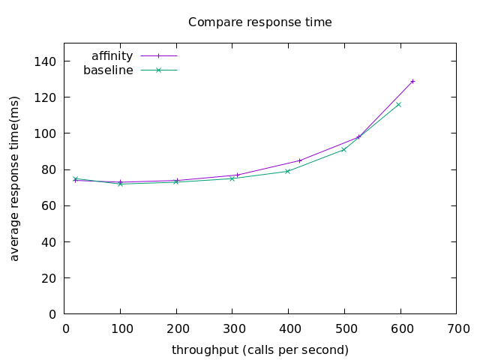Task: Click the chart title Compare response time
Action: [259, 22]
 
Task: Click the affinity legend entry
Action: [112, 56]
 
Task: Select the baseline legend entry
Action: [108, 70]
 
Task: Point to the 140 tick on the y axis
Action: [48, 61]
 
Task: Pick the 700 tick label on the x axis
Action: [457, 328]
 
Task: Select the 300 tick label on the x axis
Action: [233, 328]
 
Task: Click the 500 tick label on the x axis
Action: [345, 328]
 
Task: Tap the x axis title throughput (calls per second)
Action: [259, 350]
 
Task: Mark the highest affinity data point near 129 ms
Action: [412, 81]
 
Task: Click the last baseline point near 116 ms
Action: [398, 104]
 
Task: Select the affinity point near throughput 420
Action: [300, 160]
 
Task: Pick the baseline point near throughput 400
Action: [287, 171]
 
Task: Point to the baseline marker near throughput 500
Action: [343, 149]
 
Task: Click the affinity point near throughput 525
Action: [358, 136]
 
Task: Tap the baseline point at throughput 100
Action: [120, 184]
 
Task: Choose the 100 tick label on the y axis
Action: [48, 133]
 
